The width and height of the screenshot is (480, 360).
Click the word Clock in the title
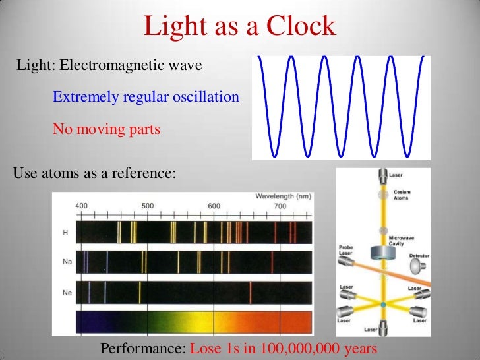pos(301,27)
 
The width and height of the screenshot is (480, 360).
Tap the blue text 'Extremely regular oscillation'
pos(146,97)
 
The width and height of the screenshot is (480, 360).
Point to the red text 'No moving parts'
pos(106,129)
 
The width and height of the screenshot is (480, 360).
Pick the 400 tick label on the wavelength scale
pos(81,205)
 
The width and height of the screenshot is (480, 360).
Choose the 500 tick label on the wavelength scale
pos(147,205)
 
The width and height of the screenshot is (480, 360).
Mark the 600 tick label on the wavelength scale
pos(214,205)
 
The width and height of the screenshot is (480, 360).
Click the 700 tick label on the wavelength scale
pos(280,205)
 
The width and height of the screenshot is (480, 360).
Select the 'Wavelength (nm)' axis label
pos(284,196)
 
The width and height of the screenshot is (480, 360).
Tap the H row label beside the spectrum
pos(65,232)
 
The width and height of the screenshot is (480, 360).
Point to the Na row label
pos(66,262)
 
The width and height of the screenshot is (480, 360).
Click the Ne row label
pos(66,291)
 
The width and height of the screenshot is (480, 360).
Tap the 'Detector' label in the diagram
pos(419,255)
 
